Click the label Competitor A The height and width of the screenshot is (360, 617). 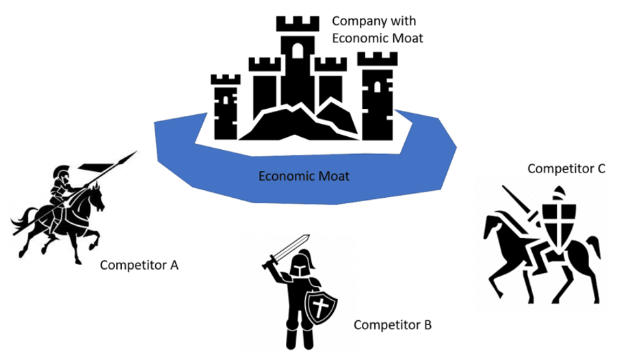(139, 265)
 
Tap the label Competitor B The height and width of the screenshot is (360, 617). (392, 324)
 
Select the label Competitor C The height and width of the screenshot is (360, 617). (566, 168)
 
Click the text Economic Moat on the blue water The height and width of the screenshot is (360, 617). (304, 177)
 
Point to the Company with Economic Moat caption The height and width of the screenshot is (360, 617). (378, 29)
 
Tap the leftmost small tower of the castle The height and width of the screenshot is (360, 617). (225, 103)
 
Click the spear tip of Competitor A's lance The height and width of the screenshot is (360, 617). (131, 155)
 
